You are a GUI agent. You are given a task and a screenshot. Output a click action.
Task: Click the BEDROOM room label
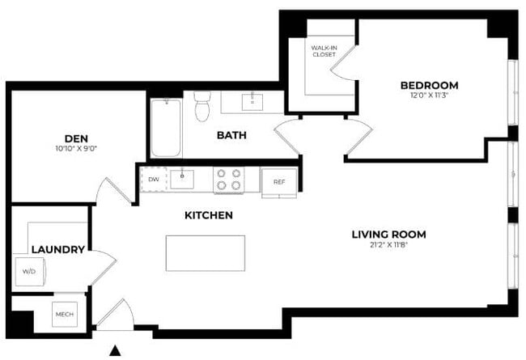click(429, 85)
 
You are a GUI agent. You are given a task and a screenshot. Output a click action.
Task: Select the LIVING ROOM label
click(388, 235)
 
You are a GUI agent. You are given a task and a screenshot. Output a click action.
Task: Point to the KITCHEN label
click(209, 216)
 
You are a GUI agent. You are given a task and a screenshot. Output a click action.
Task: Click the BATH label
click(231, 136)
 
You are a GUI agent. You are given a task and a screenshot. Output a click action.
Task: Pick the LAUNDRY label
click(57, 250)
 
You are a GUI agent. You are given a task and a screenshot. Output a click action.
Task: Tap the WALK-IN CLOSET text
click(325, 53)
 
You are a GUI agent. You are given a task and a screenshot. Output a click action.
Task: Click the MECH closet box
click(64, 314)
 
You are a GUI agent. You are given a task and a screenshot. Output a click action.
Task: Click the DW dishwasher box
click(153, 180)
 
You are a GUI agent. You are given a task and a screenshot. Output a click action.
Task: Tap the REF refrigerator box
click(279, 181)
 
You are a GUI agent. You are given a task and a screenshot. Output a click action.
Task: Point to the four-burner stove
click(228, 180)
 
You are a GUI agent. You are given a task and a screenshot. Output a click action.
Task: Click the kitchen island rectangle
click(206, 253)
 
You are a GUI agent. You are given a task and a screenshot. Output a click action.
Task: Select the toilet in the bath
click(202, 107)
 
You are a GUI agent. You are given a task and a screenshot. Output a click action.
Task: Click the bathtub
click(166, 127)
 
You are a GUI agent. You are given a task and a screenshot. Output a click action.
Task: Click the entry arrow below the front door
click(116, 350)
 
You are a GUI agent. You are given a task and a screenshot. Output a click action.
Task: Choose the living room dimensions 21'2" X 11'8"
click(388, 247)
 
